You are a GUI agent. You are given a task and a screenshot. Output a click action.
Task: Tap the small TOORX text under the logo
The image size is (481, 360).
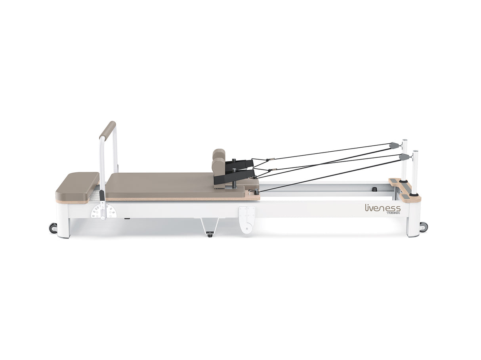[x=393, y=213]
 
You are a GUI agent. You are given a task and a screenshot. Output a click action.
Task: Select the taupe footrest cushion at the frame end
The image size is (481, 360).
[x=78, y=186]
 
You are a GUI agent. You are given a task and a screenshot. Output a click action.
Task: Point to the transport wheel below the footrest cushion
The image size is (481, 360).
[x=53, y=228]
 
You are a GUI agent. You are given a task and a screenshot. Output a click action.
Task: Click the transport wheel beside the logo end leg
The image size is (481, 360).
[x=424, y=227]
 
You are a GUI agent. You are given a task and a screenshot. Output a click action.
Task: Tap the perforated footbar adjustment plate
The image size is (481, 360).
[x=99, y=211]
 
